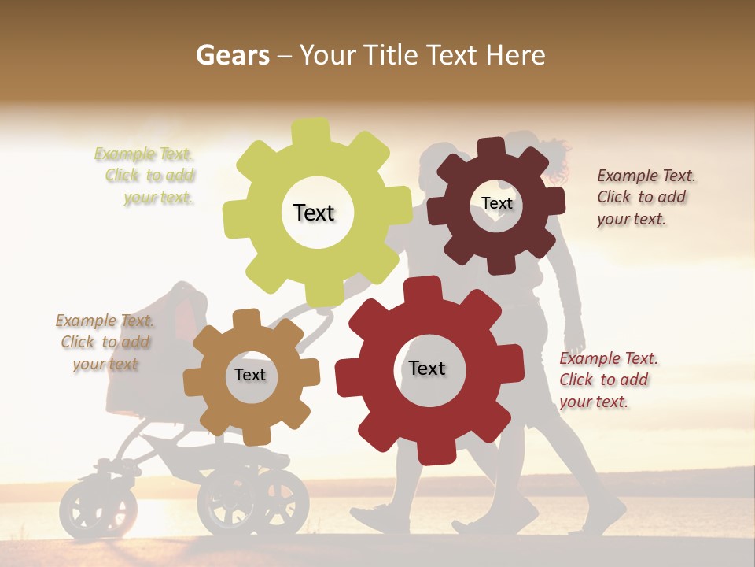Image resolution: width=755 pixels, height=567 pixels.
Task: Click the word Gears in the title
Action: coord(231,56)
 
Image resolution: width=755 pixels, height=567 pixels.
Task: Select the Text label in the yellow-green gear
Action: coord(314,213)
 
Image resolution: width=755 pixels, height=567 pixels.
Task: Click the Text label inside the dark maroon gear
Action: coord(496,203)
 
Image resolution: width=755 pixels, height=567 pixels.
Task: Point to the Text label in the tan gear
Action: coord(250,375)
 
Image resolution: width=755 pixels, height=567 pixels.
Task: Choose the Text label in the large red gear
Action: coord(427,368)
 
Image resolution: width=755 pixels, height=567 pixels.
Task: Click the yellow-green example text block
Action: coord(145,176)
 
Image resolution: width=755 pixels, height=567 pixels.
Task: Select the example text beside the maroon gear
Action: coord(646,197)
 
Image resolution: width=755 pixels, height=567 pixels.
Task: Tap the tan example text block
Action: coord(105,342)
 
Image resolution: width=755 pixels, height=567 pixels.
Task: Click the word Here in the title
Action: coord(517,55)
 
